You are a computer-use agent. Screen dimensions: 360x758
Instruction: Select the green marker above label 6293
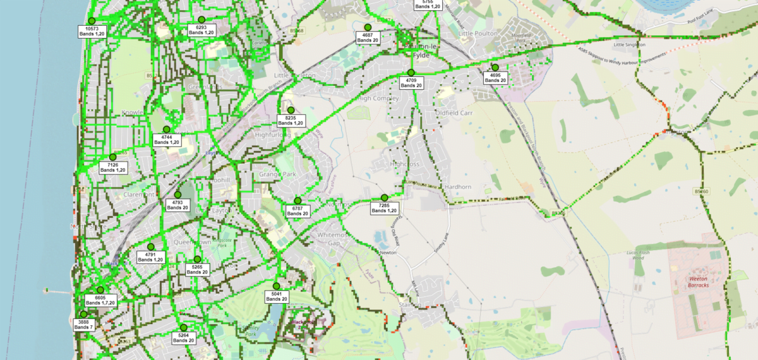coord(202,20)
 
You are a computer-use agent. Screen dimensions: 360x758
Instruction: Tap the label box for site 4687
coord(367,37)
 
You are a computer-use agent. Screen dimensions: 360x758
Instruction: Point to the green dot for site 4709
coord(411,73)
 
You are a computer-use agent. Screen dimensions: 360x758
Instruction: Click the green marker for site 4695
coord(495,68)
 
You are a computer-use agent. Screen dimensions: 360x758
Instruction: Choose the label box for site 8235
coord(291,121)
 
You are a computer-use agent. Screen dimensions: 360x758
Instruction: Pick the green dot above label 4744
coord(167,129)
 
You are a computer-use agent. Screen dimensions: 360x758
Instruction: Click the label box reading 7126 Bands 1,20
coord(113,167)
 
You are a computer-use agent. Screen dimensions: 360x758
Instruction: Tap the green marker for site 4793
coord(177,195)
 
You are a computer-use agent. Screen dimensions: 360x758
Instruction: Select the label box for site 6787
coord(298,211)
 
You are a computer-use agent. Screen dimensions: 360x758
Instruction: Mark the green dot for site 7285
coord(384,198)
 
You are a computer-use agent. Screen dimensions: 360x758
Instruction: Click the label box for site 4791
coord(150,257)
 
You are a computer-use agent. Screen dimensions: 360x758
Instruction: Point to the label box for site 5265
coord(197,270)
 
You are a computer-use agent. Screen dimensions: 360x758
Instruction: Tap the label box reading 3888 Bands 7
coord(83,325)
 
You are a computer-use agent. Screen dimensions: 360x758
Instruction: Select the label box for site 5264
coord(183,338)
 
